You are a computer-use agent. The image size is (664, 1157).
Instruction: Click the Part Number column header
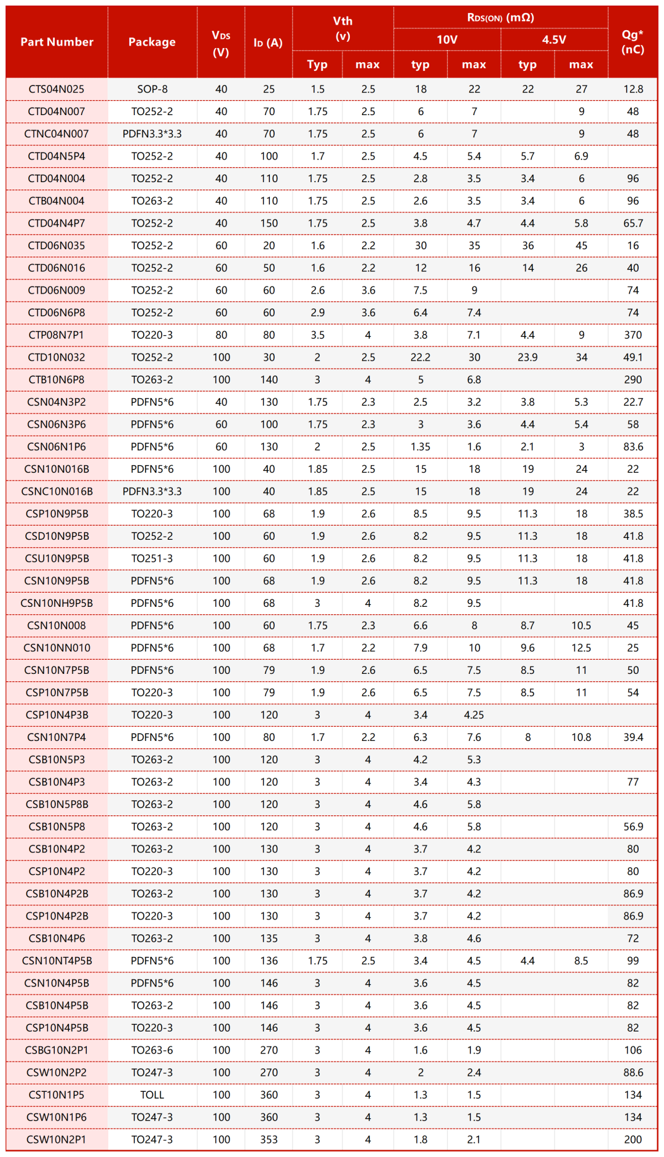pyautogui.click(x=57, y=42)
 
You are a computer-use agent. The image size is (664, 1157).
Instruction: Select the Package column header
pyautogui.click(x=152, y=42)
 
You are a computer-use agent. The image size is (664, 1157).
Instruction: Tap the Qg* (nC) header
pyautogui.click(x=633, y=42)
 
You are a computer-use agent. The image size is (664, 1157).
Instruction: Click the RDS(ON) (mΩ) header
pyautogui.click(x=500, y=17)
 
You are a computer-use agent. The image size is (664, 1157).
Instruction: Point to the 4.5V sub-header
pyautogui.click(x=554, y=40)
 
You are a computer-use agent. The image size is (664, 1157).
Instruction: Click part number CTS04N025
pyautogui.click(x=57, y=89)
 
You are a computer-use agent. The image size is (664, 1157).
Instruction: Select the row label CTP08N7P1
pyautogui.click(x=57, y=335)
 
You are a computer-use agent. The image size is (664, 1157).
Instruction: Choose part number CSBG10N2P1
pyautogui.click(x=57, y=1051)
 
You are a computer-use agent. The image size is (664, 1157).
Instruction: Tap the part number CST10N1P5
pyautogui.click(x=57, y=1095)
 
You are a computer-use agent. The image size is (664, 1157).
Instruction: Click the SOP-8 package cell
pyautogui.click(x=152, y=89)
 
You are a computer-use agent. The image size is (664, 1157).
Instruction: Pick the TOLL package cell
pyautogui.click(x=152, y=1095)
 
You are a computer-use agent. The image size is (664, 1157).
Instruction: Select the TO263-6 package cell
pyautogui.click(x=152, y=1051)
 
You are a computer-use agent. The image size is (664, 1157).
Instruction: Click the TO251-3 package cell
pyautogui.click(x=152, y=559)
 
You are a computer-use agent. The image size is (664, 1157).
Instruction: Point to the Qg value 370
pyautogui.click(x=633, y=335)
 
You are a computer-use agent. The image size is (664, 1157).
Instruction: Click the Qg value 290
pyautogui.click(x=633, y=380)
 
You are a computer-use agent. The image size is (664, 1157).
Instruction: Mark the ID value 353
pyautogui.click(x=269, y=1140)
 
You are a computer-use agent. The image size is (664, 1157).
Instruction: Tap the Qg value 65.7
pyautogui.click(x=633, y=223)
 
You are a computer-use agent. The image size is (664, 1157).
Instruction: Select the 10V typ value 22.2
pyautogui.click(x=421, y=358)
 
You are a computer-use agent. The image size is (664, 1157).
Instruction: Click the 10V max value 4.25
pyautogui.click(x=473, y=715)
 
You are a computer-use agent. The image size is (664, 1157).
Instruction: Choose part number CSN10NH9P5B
pyautogui.click(x=57, y=603)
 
